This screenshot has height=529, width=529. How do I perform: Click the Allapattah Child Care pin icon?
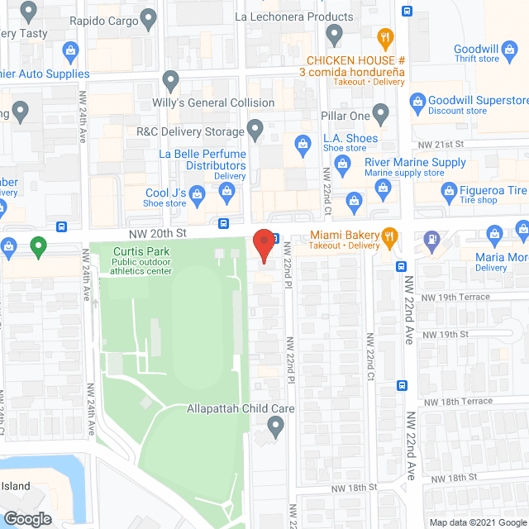[x=276, y=427]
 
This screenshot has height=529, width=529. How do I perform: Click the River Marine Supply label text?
[x=415, y=162]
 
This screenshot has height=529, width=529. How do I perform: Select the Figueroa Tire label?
[x=483, y=190]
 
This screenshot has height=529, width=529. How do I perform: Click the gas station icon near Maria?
[x=431, y=239]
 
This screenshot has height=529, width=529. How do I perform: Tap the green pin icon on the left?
[x=37, y=245]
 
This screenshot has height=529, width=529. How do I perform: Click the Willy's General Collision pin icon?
[x=171, y=82]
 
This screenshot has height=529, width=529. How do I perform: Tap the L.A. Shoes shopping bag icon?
[x=303, y=145]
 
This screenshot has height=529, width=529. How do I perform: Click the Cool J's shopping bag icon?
[x=197, y=195]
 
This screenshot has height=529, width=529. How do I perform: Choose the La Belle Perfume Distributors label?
[x=204, y=160]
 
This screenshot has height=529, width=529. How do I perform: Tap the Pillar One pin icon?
[x=381, y=113]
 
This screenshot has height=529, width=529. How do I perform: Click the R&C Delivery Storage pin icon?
[x=255, y=130]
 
